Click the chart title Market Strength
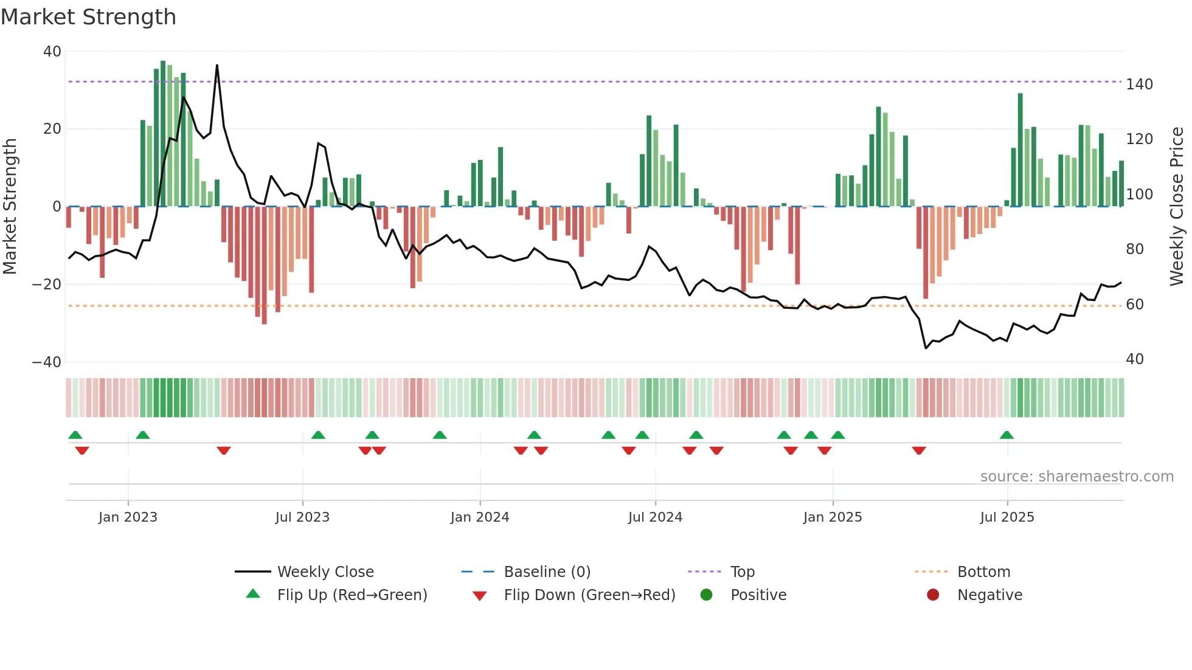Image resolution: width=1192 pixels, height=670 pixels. point(88,17)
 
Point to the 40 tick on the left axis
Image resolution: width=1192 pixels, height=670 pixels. point(52,52)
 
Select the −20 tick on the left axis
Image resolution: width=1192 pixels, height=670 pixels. point(47,285)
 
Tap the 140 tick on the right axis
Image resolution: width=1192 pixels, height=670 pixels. point(1139,85)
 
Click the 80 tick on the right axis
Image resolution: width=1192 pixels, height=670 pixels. point(1135,249)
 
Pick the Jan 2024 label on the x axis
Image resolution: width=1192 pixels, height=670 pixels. point(480,517)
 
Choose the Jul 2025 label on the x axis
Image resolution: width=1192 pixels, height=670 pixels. point(1007,517)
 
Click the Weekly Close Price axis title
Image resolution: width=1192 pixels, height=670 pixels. point(1177,207)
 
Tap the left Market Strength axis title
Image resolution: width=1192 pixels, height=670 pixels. point(10,207)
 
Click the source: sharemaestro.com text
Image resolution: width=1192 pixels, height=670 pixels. point(1076,477)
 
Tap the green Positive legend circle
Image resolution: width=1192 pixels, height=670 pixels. point(706,595)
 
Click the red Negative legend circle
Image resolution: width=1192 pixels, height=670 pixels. point(933,595)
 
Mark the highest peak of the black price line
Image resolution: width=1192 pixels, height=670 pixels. point(217,65)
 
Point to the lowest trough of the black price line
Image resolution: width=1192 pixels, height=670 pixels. point(926,348)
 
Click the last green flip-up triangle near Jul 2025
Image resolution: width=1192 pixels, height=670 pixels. point(1007,435)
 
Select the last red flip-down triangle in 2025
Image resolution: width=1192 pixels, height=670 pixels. point(919,451)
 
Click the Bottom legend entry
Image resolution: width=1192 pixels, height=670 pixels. point(983,572)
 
